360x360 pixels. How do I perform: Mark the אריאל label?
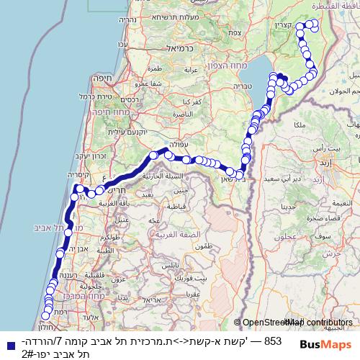(x=143, y=299)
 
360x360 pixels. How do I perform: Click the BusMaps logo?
(x=320, y=345)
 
